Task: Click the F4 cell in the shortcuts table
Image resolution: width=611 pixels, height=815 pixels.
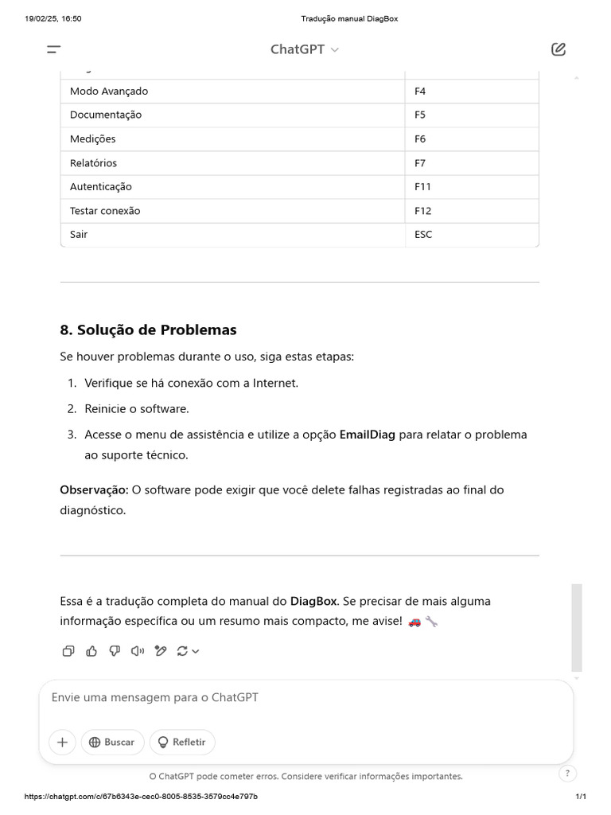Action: click(x=420, y=92)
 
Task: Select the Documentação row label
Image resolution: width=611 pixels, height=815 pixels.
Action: click(x=106, y=115)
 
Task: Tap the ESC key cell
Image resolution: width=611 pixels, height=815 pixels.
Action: click(x=423, y=235)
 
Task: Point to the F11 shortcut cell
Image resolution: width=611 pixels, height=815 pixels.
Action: click(x=422, y=187)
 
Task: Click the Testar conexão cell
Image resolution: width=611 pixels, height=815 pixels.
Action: click(x=105, y=211)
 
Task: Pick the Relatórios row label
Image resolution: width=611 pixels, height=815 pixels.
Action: click(x=93, y=163)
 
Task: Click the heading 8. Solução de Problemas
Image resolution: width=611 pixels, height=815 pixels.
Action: click(x=148, y=330)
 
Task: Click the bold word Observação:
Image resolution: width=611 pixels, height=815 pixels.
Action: click(x=94, y=489)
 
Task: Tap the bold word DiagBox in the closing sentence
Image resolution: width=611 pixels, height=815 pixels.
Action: click(x=313, y=601)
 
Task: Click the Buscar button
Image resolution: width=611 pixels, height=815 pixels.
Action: click(x=112, y=742)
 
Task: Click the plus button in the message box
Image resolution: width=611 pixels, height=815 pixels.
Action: click(x=62, y=742)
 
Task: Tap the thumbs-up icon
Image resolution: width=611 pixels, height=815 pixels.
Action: click(x=91, y=651)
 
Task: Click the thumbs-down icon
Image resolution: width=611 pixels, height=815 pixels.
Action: click(x=115, y=651)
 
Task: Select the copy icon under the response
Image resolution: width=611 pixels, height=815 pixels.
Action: click(x=68, y=651)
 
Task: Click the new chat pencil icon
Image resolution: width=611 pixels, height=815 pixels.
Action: click(x=558, y=49)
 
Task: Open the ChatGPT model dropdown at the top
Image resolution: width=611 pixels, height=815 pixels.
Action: click(x=305, y=49)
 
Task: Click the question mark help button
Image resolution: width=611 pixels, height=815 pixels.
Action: click(x=567, y=773)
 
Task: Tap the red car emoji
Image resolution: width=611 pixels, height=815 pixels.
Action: click(x=414, y=621)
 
